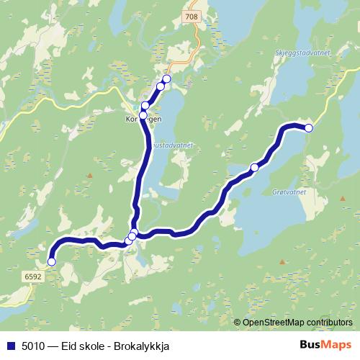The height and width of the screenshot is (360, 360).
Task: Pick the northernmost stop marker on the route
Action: (x=166, y=78)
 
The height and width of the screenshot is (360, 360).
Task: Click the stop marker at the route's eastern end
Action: (x=309, y=128)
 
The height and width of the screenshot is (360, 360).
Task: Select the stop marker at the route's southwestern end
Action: (x=51, y=262)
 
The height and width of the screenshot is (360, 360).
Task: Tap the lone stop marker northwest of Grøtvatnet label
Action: (x=254, y=167)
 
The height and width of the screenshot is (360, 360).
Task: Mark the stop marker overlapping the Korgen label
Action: (x=143, y=115)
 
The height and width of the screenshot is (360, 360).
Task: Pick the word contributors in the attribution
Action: (x=328, y=323)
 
